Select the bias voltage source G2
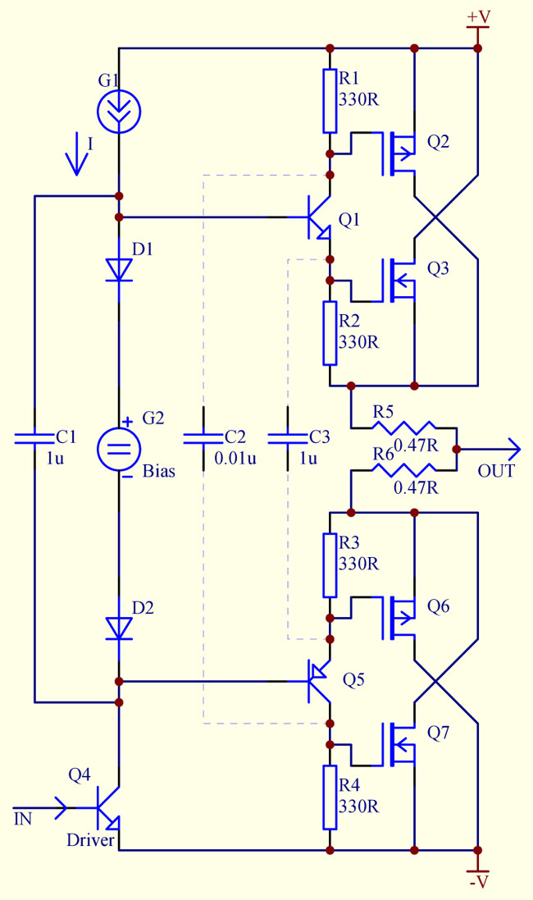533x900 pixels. click(x=120, y=448)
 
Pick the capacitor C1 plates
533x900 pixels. click(x=34, y=439)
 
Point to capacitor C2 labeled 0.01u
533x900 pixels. click(x=203, y=439)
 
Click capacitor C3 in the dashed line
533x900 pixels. click(x=288, y=439)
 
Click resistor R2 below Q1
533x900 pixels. click(x=330, y=332)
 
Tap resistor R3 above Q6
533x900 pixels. click(x=330, y=565)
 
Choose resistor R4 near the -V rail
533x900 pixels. click(x=330, y=797)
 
